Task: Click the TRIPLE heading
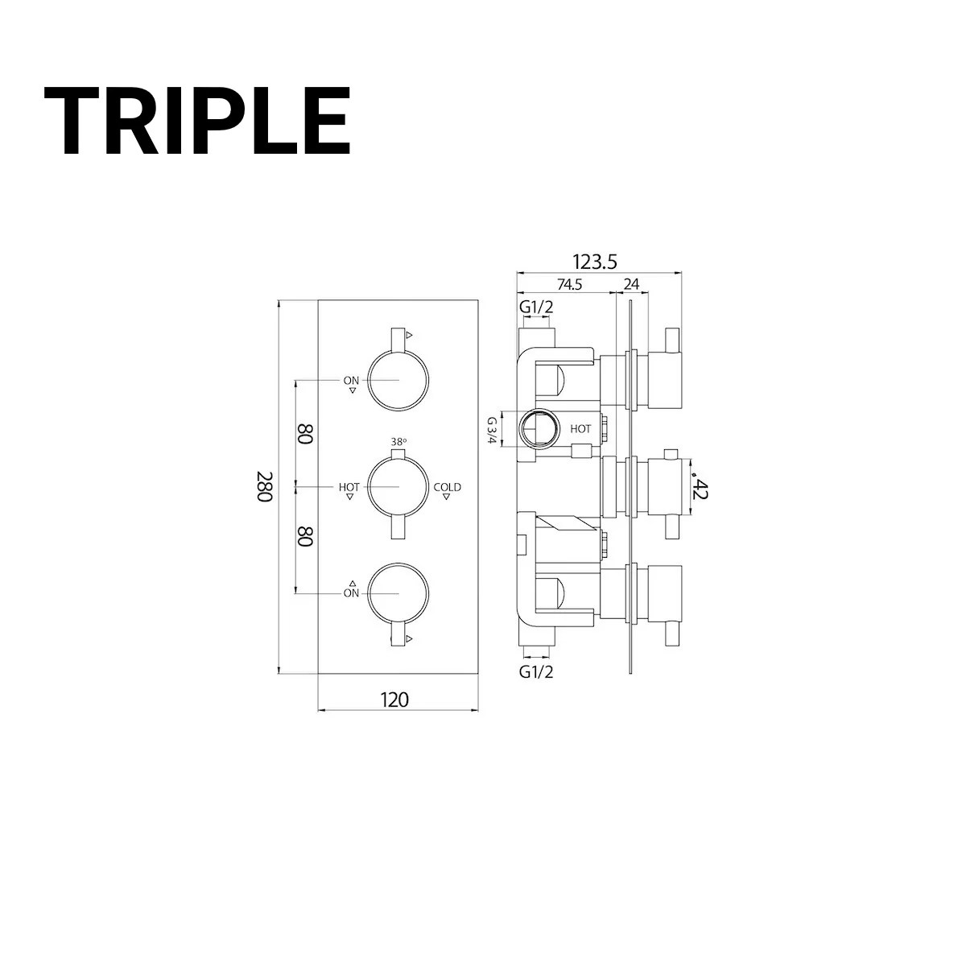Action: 197,122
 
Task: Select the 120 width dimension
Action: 394,700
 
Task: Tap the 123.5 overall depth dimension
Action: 595,262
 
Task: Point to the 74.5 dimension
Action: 567,284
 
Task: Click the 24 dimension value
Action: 631,284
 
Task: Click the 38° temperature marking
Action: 398,442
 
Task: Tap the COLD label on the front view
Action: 448,487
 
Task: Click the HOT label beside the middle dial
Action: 349,487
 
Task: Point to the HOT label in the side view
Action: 580,429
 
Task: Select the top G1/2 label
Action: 536,307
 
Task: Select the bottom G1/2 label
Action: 536,672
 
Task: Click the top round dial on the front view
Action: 398,380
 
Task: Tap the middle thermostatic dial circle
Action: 398,487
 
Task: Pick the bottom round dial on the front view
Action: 398,594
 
